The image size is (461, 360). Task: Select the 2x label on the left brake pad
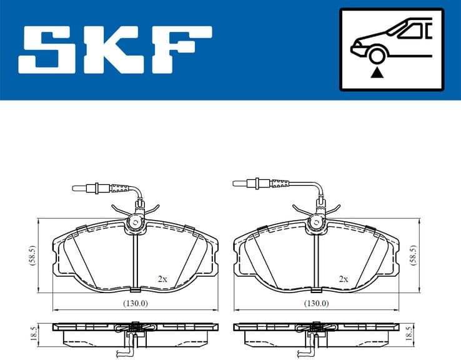[162, 279]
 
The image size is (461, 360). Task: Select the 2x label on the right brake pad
[343, 279]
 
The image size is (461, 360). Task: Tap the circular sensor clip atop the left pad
[134, 222]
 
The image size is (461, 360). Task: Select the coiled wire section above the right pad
[279, 183]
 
